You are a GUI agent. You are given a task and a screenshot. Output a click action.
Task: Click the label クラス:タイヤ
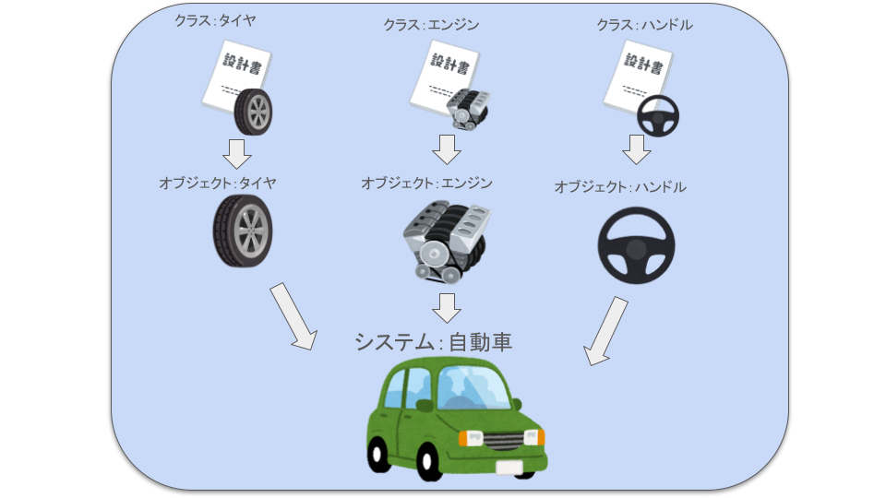tap(214, 20)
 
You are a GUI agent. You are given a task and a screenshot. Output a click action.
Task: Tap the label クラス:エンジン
tap(431, 25)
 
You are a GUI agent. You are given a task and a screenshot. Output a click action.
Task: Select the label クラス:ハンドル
tap(643, 25)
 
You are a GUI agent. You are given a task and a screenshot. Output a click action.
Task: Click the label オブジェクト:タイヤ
tap(218, 183)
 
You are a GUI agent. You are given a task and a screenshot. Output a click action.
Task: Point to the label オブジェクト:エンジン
tap(426, 183)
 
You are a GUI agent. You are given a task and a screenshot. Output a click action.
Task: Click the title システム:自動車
tap(433, 342)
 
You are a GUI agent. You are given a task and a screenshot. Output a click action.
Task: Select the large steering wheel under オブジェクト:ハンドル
tap(636, 244)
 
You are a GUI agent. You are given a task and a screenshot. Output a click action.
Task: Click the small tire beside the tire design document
tap(254, 113)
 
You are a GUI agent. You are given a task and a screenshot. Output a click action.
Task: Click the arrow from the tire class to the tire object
tap(238, 153)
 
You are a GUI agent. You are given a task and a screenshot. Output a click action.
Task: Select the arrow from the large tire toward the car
tap(293, 317)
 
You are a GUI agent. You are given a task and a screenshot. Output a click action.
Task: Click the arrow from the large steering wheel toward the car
tap(605, 330)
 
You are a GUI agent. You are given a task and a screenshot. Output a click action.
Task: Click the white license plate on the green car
tap(509, 468)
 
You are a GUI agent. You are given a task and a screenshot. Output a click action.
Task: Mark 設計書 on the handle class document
tap(643, 62)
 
